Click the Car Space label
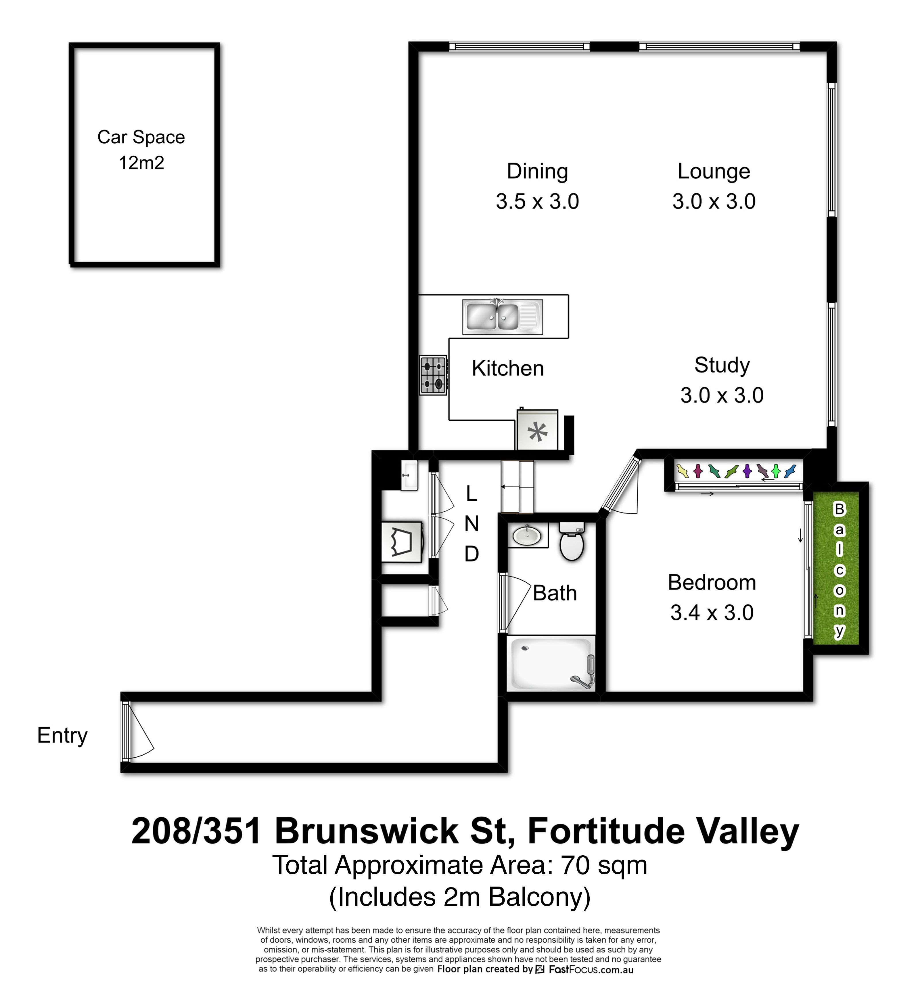click(x=141, y=137)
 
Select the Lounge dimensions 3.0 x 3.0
click(x=714, y=201)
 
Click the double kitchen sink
click(x=502, y=317)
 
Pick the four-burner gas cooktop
click(x=434, y=376)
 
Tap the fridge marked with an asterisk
click(x=537, y=430)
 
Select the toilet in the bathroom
click(x=571, y=541)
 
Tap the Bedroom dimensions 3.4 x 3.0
click(x=712, y=612)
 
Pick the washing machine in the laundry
click(x=402, y=542)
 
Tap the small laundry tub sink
click(x=409, y=475)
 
